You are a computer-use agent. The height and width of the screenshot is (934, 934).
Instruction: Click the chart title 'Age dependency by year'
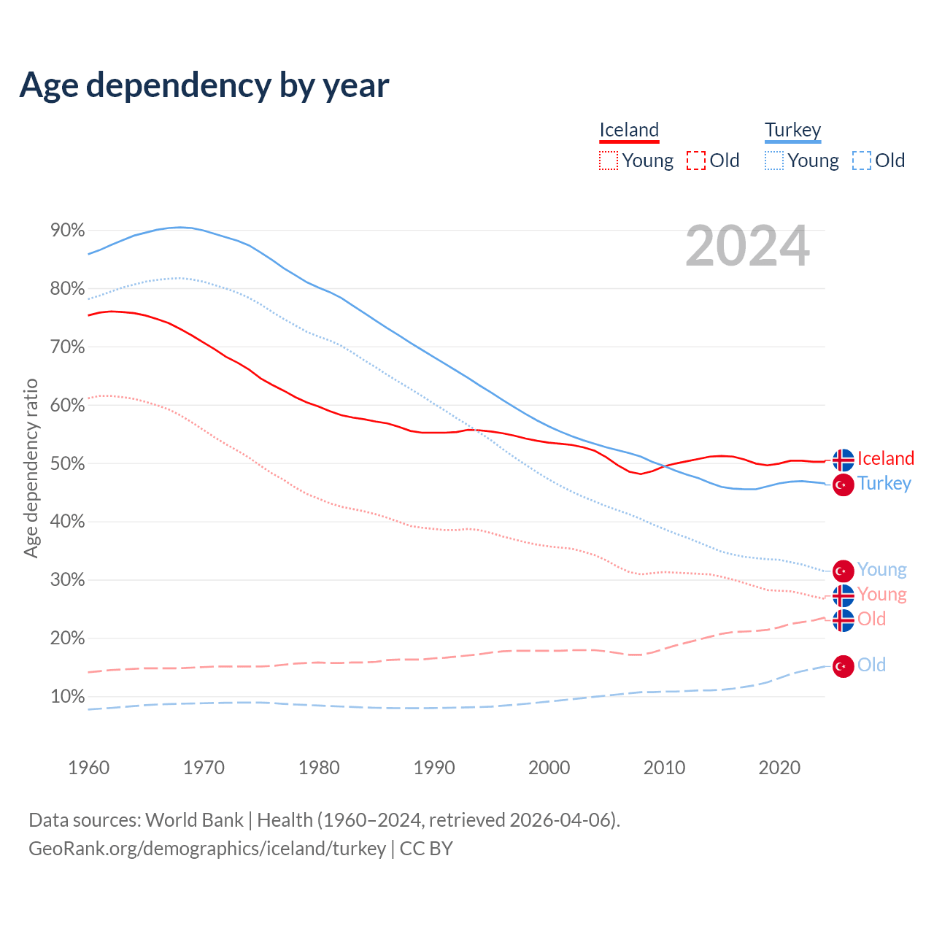click(x=204, y=85)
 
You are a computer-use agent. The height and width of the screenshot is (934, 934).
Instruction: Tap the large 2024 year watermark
click(x=747, y=246)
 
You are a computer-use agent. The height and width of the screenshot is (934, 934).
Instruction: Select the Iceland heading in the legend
click(x=629, y=130)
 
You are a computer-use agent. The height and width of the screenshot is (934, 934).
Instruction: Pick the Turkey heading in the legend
click(x=792, y=130)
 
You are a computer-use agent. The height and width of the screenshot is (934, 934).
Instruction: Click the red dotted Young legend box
click(x=608, y=161)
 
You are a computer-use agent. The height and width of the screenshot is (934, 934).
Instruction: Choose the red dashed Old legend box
click(x=696, y=161)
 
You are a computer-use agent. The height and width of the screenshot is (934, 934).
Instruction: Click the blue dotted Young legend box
click(x=774, y=161)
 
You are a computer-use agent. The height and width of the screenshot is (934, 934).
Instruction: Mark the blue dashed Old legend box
click(x=862, y=161)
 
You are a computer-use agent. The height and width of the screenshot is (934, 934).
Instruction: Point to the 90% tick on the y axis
click(x=67, y=231)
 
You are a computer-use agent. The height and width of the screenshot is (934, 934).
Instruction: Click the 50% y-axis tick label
click(x=67, y=463)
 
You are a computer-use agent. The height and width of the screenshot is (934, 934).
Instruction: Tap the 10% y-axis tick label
click(x=67, y=697)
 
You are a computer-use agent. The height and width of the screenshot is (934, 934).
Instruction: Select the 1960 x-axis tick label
click(x=88, y=768)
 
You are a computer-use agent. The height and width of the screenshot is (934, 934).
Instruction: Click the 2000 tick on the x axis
click(x=549, y=768)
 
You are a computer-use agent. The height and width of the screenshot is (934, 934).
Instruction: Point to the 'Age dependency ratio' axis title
click(x=31, y=468)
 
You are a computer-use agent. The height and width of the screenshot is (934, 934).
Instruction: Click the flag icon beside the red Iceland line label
click(x=843, y=460)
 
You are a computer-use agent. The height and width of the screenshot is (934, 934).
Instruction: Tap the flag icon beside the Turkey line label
click(x=843, y=485)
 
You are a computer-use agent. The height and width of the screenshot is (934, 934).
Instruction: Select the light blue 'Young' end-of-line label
click(x=881, y=570)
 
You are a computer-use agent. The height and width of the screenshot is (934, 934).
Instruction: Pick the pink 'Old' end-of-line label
click(x=871, y=620)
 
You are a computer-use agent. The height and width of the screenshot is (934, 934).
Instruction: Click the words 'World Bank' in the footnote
click(x=194, y=820)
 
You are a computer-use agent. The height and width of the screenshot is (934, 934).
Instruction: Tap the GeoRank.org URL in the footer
click(x=207, y=849)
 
